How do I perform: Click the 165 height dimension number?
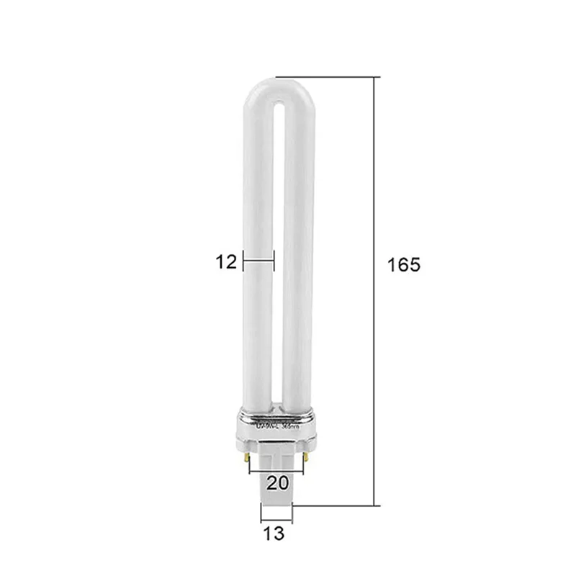(403, 264)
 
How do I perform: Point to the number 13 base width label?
(274, 534)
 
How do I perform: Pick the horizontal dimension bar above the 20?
(277, 472)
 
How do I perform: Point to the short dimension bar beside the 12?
(258, 262)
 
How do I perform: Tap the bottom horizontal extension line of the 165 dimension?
(335, 505)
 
